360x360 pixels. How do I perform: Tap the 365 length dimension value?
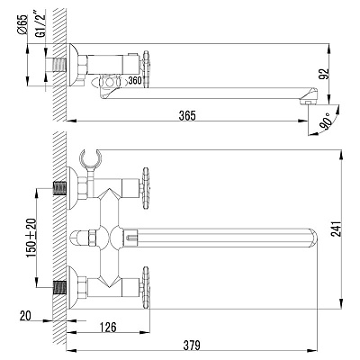pyautogui.click(x=187, y=115)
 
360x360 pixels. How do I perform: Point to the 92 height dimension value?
pyautogui.click(x=324, y=75)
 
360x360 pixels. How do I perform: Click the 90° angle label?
pyautogui.click(x=325, y=121)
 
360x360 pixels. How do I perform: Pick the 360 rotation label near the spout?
pyautogui.click(x=135, y=80)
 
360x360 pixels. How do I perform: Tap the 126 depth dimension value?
pyautogui.click(x=107, y=328)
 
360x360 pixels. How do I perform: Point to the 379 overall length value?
pyautogui.click(x=192, y=346)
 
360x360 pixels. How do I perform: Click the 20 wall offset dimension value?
pyautogui.click(x=25, y=316)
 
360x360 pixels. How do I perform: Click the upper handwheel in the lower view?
pyautogui.click(x=145, y=188)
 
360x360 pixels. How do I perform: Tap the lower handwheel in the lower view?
pyautogui.click(x=145, y=287)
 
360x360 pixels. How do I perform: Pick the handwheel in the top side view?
pyautogui.click(x=146, y=69)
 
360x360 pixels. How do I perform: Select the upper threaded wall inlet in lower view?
pyautogui.click(x=59, y=188)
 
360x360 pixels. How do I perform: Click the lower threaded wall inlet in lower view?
pyautogui.click(x=59, y=287)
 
